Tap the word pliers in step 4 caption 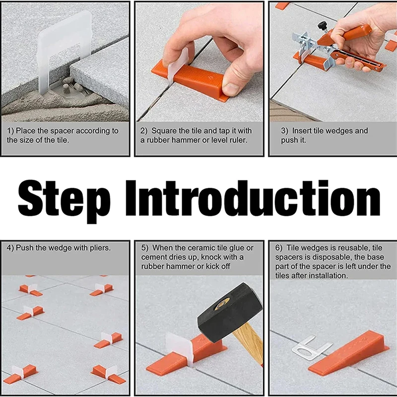click(96, 247)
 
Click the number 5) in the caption click(144, 247)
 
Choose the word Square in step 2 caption click(164, 131)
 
